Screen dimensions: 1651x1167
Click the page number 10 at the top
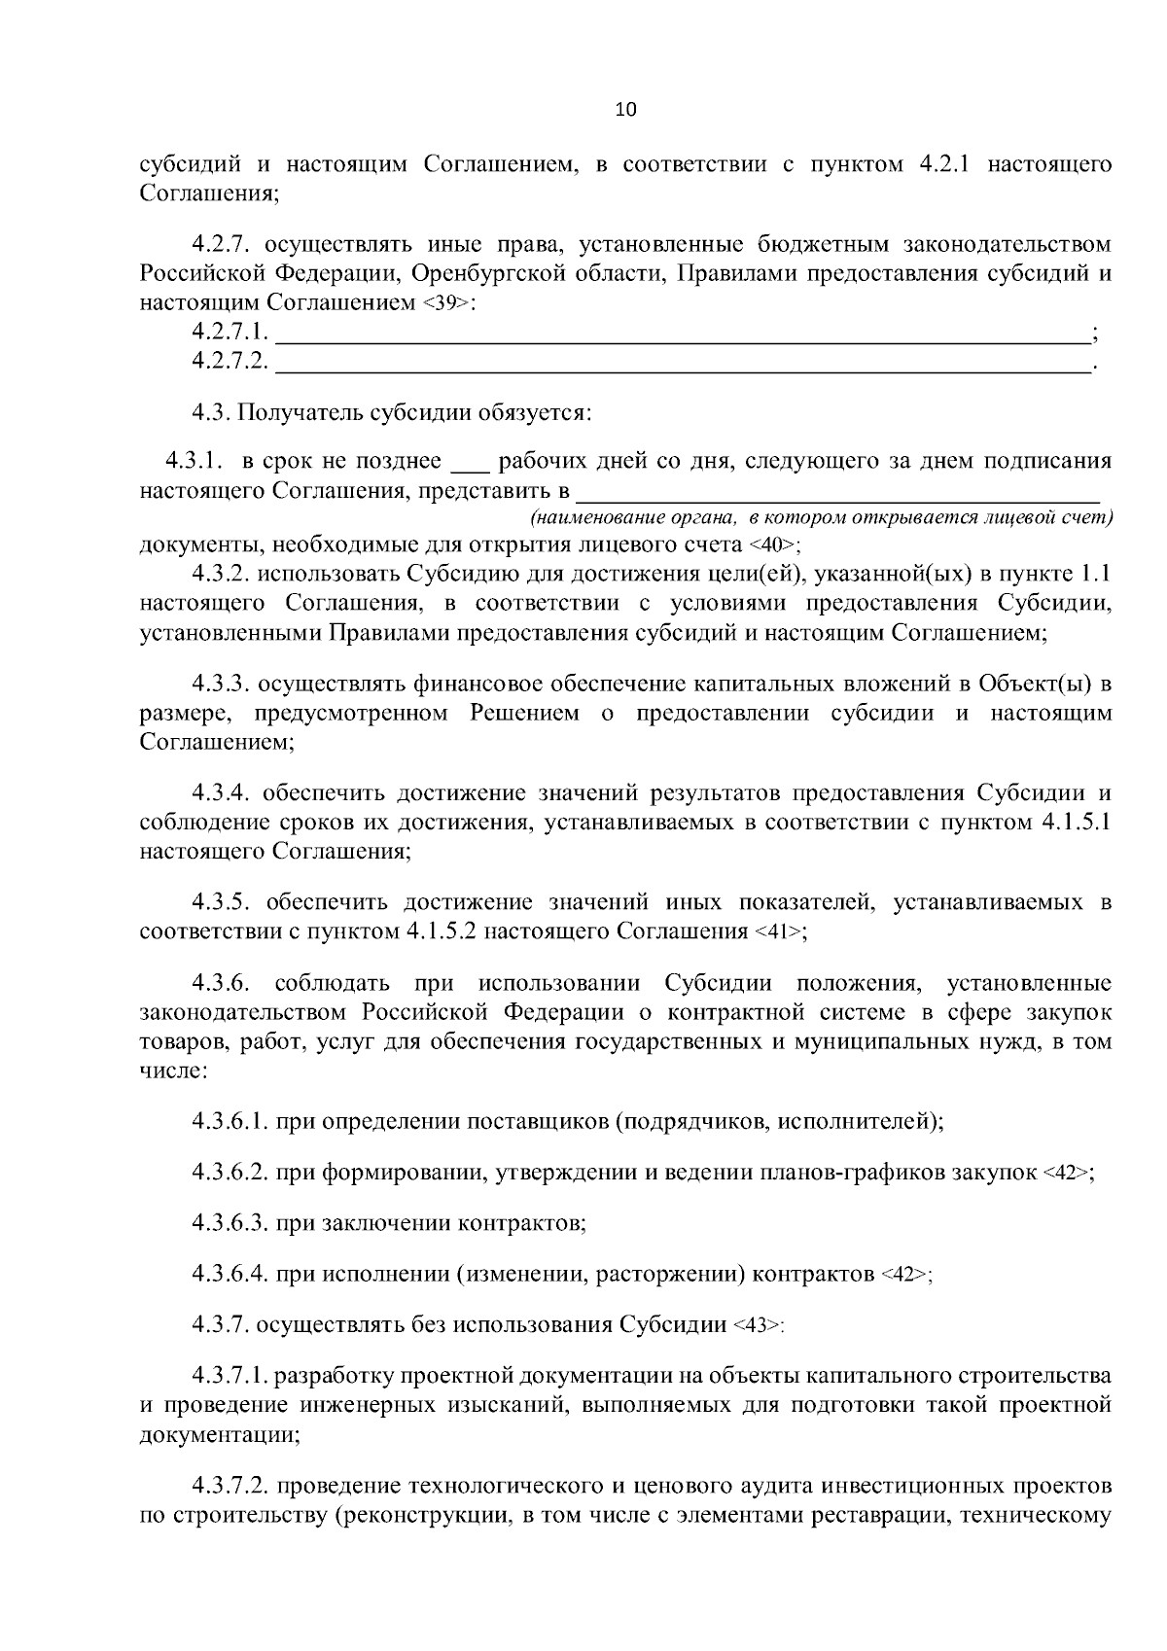(625, 110)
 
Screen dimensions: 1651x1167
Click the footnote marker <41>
(779, 932)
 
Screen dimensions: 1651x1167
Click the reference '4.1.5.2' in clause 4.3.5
(441, 931)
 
